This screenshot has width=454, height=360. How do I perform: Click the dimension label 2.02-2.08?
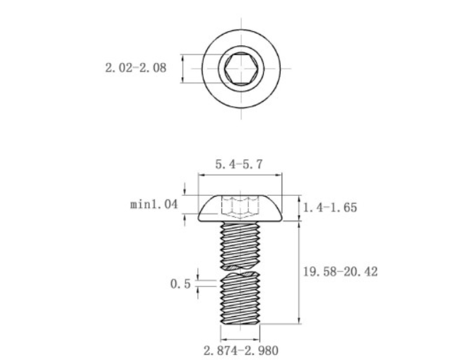click(136, 69)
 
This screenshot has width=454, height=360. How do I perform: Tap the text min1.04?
click(153, 205)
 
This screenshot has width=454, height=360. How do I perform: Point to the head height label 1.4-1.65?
click(330, 208)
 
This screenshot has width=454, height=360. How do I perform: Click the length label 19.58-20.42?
click(339, 271)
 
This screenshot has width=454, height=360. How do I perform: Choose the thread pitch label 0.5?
click(180, 284)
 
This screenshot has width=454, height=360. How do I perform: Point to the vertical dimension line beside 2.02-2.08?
click(182, 69)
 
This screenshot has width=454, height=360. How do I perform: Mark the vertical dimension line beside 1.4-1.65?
click(300, 209)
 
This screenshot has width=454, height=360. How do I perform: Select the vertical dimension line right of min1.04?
click(185, 205)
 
